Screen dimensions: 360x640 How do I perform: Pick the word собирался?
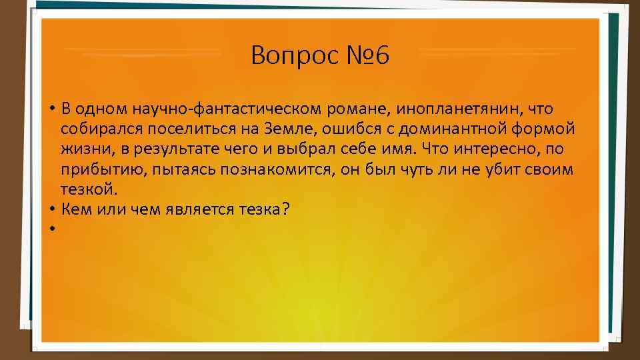pos(97,129)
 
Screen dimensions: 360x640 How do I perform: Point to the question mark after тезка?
pos(285,209)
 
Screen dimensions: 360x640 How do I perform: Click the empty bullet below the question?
pos(51,229)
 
